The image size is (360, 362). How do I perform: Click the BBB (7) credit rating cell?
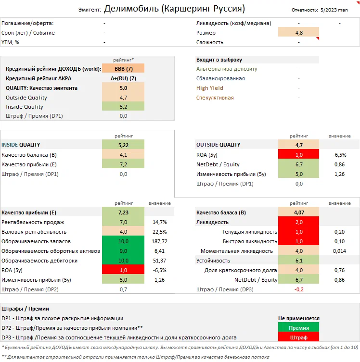coord(123,69)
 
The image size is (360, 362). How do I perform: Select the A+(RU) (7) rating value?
coord(123,78)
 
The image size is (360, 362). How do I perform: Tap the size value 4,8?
coord(298,33)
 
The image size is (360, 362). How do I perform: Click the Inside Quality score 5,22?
coord(123,145)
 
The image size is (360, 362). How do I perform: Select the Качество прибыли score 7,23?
coord(123,212)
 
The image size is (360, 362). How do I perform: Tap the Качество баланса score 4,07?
coord(298,212)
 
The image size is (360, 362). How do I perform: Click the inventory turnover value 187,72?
coord(159,241)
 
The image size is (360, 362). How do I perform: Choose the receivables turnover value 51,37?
coord(159,261)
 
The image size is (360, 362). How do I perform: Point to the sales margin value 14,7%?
coord(159,222)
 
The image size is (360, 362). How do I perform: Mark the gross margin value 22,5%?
coord(159,232)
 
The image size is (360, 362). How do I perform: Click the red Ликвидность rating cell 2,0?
coord(298,222)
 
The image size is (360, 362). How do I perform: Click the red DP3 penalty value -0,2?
coord(298,289)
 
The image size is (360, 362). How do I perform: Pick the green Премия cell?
coord(298,328)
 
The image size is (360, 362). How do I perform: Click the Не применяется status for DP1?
coord(298,318)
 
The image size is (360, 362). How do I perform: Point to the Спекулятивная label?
coord(215,98)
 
